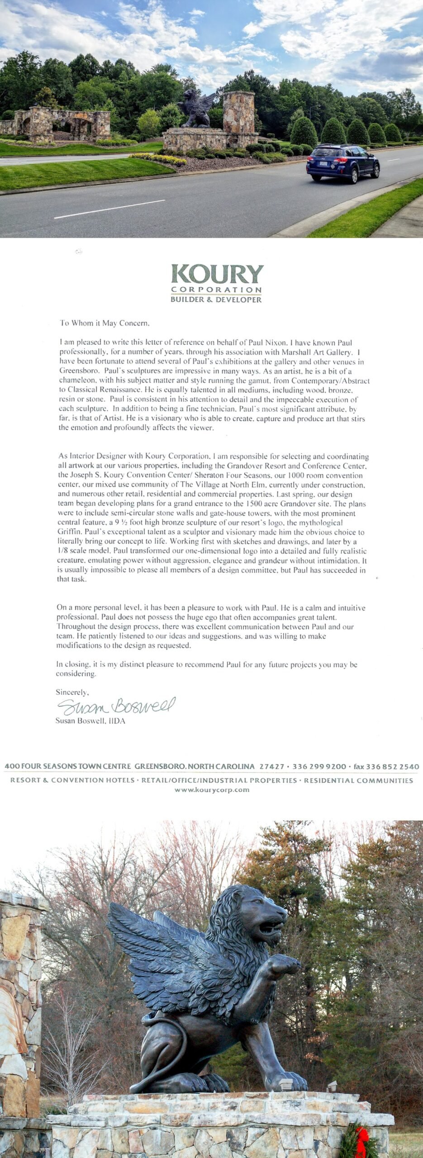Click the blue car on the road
coord(342,163)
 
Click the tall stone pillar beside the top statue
coord(238,113)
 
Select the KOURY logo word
coord(217,274)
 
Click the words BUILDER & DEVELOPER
coord(216,299)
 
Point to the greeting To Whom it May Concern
coord(105,323)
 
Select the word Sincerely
coord(72,692)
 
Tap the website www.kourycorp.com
coord(212,790)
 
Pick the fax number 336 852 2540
coord(392,766)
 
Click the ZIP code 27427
coord(272,766)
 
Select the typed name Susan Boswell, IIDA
coord(90,721)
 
